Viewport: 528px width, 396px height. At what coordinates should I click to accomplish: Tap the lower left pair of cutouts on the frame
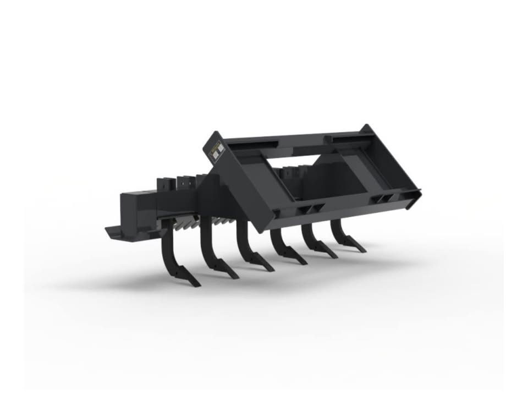[x=311, y=208]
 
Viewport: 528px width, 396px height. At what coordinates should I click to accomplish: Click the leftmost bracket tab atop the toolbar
[x=163, y=184]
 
